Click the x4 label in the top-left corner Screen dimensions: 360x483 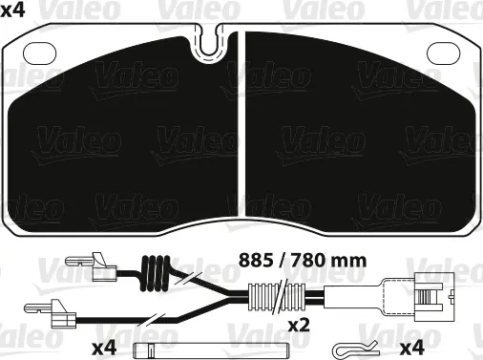tap(12, 11)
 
